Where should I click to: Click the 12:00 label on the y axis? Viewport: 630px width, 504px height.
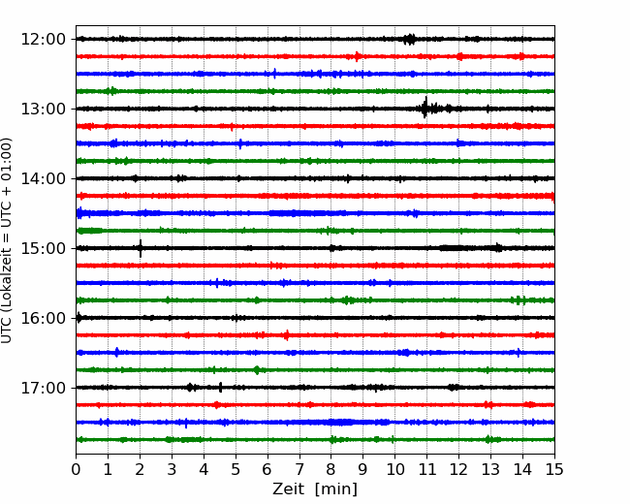pos(43,40)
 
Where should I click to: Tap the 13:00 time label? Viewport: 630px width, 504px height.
pos(43,109)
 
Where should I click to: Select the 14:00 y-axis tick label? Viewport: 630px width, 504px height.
pos(43,179)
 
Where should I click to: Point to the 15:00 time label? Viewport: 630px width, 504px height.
pos(43,248)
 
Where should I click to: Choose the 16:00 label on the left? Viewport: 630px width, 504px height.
pos(43,318)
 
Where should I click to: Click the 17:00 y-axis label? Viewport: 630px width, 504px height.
pos(43,388)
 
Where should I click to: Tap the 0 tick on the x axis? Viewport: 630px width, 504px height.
pos(76,469)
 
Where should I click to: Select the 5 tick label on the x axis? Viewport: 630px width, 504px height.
pos(236,469)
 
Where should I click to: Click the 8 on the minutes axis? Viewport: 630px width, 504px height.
pos(331,469)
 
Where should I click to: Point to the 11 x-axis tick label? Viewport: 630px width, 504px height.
pos(427,469)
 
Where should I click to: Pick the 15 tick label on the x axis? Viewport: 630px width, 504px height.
pos(554,469)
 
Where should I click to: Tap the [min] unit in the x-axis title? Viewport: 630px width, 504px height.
pos(336,489)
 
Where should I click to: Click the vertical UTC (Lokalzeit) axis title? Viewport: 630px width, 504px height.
pos(7,240)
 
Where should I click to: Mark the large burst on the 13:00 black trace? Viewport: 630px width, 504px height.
pos(431,109)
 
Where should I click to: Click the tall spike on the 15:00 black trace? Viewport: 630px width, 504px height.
pos(141,248)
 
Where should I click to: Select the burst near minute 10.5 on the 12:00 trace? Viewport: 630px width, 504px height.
pos(409,39)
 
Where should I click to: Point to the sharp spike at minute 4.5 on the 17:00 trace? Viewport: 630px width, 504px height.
pos(221,388)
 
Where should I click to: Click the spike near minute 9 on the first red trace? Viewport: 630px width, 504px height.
pos(357,56)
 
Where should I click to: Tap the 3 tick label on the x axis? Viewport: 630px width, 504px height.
pos(172,469)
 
